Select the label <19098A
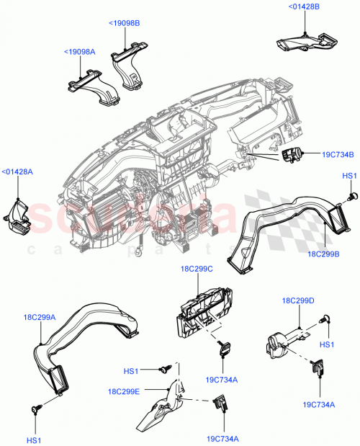coord(79,52)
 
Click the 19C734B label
coord(337,153)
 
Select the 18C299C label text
coord(197,269)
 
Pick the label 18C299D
coord(298,300)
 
